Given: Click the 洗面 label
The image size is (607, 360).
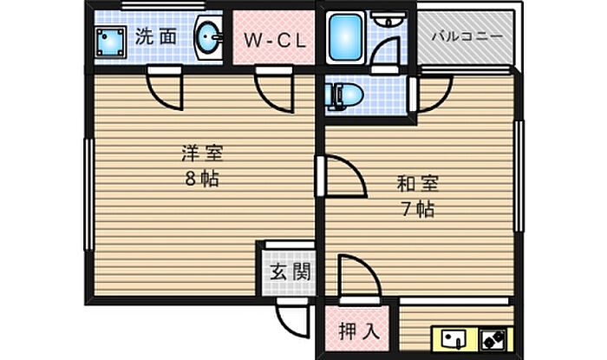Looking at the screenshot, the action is [x=157, y=36].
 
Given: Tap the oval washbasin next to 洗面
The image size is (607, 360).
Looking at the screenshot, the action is [x=206, y=37].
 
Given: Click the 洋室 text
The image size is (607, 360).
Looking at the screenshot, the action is [x=201, y=156].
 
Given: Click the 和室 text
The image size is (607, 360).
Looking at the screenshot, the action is [x=418, y=184].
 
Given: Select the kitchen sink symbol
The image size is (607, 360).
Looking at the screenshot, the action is [x=454, y=338].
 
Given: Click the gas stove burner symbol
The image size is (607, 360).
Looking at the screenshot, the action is [x=494, y=338].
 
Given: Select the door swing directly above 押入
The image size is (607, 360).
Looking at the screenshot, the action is [x=357, y=278].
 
